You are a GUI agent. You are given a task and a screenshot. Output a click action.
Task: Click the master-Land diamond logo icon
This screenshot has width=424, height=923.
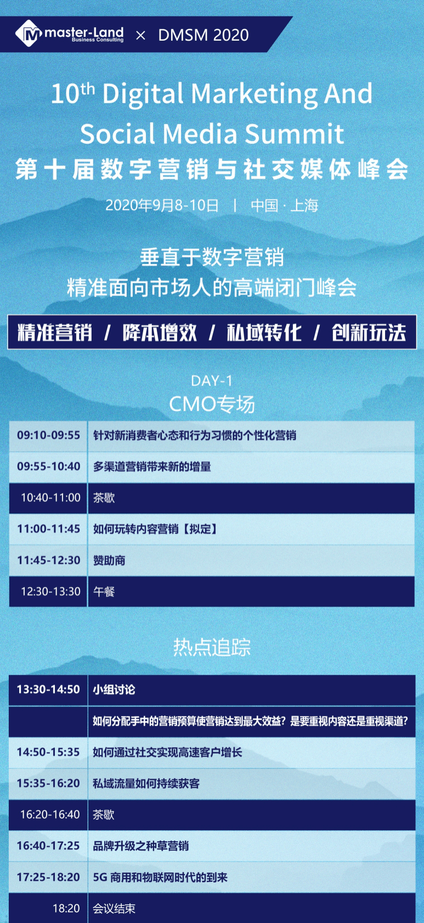29,33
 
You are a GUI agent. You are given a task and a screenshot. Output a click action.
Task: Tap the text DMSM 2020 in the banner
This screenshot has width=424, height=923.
203,36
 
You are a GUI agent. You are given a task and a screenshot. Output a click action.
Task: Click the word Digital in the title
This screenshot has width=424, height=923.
143,94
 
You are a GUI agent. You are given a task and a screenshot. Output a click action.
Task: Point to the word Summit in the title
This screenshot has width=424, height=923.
295,134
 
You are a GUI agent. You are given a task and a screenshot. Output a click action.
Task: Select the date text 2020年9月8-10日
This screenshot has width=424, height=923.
162,205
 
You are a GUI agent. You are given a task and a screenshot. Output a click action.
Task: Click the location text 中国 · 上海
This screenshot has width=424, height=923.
285,205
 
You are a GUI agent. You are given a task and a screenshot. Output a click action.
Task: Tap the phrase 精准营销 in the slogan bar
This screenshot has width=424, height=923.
55,333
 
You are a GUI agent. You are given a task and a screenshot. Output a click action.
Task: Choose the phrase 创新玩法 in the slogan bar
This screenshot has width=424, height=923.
369,333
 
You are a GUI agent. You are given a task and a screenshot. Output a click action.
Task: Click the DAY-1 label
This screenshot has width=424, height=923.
212,381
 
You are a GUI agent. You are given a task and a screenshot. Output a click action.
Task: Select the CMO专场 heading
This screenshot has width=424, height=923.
212,404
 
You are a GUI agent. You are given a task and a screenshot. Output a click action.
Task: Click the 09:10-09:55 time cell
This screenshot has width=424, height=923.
49,435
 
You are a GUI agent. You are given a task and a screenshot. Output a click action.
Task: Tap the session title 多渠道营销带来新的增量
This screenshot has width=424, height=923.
152,467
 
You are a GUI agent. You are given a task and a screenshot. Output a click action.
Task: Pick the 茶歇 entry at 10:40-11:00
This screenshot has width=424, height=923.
104,498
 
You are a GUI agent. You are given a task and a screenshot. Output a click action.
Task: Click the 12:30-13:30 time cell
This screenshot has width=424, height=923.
50,591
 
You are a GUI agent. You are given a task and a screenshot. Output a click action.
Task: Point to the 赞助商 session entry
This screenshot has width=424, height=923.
109,561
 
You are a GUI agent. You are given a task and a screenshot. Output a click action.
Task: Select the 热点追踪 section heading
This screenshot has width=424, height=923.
212,647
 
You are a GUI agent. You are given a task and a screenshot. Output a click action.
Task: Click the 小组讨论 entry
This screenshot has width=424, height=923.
114,689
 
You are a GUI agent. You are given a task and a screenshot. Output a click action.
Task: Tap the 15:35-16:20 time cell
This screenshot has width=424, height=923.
48,783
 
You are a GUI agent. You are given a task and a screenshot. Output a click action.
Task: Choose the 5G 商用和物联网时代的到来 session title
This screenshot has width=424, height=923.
160,877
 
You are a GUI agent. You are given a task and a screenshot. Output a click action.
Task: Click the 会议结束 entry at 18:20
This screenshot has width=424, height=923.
114,908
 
